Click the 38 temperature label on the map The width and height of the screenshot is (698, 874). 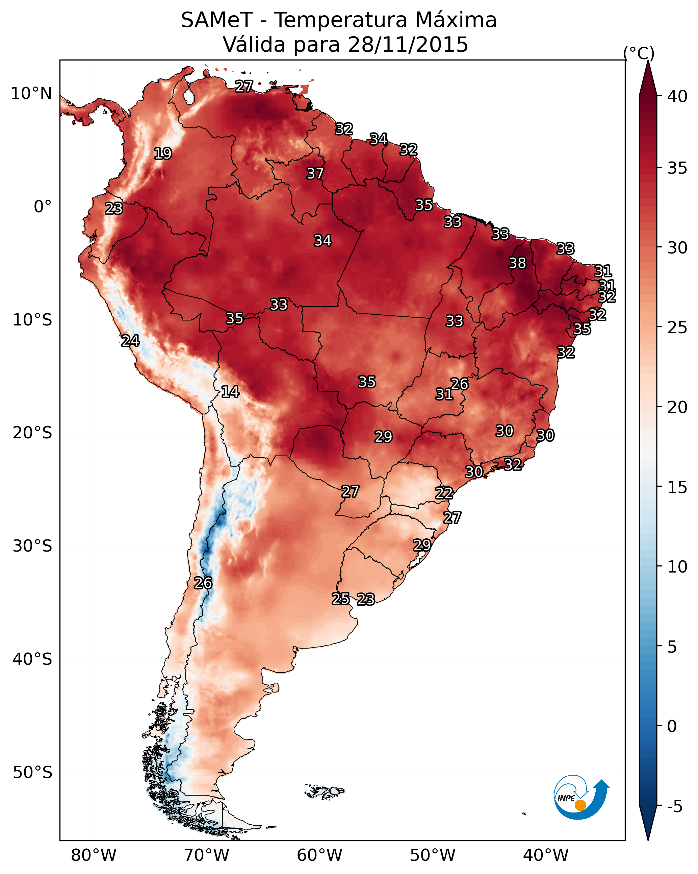point(517,263)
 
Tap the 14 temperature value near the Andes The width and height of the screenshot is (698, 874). point(230,392)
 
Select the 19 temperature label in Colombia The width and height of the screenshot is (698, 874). point(163,154)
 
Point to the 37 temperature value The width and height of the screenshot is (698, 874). point(315,173)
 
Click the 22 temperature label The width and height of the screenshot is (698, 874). point(444,493)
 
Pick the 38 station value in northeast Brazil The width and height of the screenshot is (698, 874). point(517,263)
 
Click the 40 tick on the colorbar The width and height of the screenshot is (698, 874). point(677,96)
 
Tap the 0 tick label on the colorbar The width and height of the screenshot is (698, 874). point(672,726)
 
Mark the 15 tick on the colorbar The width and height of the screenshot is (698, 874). point(677,487)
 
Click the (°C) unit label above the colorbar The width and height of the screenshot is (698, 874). point(639,53)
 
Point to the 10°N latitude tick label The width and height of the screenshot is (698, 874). point(31,94)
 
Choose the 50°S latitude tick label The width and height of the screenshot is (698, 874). point(32,773)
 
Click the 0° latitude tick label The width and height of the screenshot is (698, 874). point(43,207)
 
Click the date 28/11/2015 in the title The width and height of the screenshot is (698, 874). point(408,45)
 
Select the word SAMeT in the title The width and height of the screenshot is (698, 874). point(217,20)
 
